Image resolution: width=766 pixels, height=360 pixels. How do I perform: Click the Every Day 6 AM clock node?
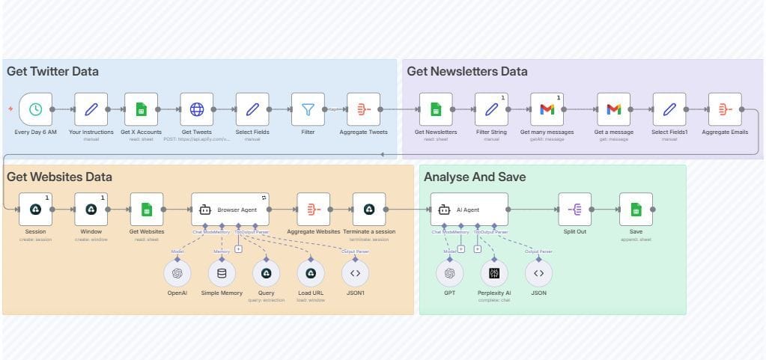pyautogui.click(x=35, y=109)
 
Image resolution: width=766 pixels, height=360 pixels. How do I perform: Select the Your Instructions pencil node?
pyautogui.click(x=91, y=109)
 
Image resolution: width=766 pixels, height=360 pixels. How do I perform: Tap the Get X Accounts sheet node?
pyautogui.click(x=141, y=109)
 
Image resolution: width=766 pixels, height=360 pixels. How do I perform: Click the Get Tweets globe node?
pyautogui.click(x=196, y=109)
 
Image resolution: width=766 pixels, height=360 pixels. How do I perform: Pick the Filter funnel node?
pyautogui.click(x=308, y=109)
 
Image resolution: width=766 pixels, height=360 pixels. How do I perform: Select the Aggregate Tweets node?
pyautogui.click(x=363, y=109)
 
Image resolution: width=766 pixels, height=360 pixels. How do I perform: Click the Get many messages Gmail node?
pyautogui.click(x=547, y=109)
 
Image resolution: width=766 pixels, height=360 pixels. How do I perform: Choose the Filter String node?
pyautogui.click(x=491, y=109)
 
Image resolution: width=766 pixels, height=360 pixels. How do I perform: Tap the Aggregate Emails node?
pyautogui.click(x=725, y=109)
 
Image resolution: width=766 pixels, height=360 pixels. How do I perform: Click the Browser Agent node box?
pyautogui.click(x=230, y=210)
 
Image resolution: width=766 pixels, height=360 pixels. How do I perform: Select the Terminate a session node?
pyautogui.click(x=368, y=210)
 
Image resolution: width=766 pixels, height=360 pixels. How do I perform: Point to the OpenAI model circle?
pyautogui.click(x=177, y=273)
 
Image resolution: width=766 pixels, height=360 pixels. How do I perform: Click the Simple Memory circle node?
pyautogui.click(x=221, y=273)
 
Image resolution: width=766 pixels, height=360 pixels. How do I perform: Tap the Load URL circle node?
pyautogui.click(x=311, y=273)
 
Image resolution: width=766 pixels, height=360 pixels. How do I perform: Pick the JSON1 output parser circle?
pyautogui.click(x=355, y=273)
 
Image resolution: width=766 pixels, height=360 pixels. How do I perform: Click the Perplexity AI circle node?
pyautogui.click(x=494, y=273)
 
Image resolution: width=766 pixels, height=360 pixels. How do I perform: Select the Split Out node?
pyautogui.click(x=574, y=210)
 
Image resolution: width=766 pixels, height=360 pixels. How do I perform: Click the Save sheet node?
pyautogui.click(x=636, y=210)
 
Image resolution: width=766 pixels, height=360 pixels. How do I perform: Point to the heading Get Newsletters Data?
pyautogui.click(x=466, y=72)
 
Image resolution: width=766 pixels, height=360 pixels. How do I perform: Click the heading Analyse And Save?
pyautogui.click(x=475, y=177)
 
